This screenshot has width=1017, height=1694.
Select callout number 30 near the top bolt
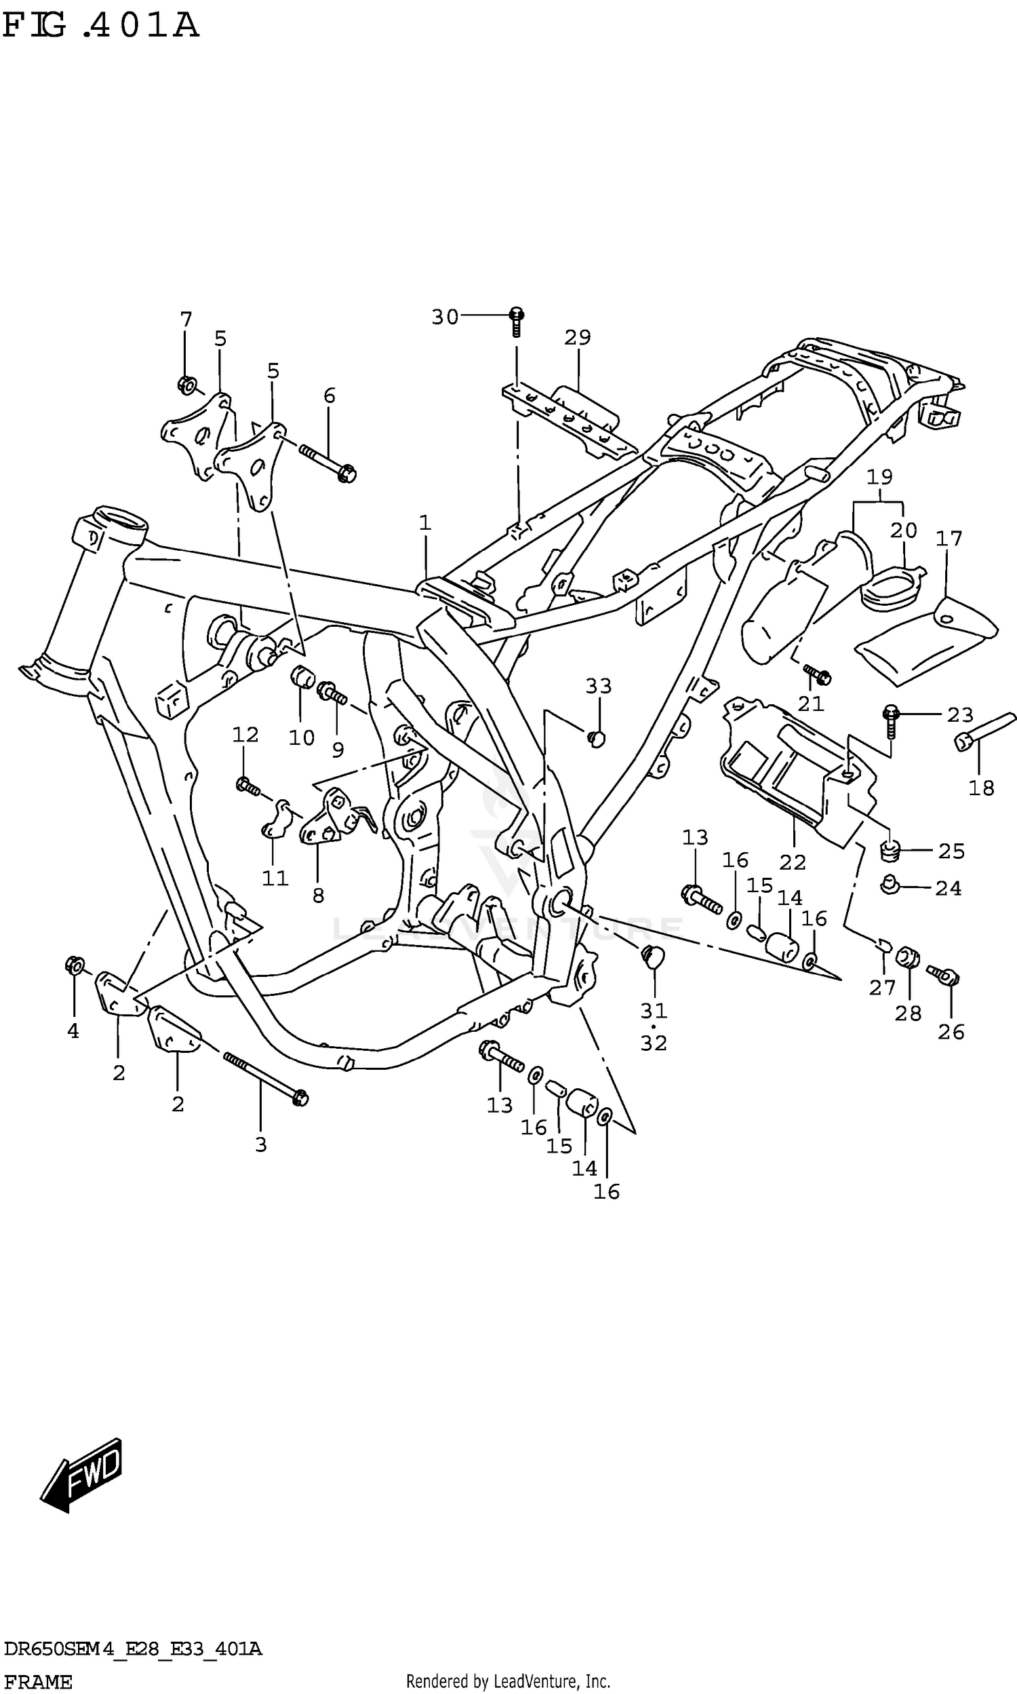(445, 317)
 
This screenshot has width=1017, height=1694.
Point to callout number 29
(578, 337)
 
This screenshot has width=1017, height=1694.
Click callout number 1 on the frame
(425, 523)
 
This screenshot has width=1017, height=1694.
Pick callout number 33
(598, 686)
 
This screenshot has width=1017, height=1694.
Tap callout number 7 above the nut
(186, 320)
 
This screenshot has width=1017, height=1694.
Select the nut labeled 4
(74, 966)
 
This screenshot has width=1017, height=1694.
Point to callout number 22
(792, 862)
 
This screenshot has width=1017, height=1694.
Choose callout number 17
(949, 539)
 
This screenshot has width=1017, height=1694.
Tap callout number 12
(245, 735)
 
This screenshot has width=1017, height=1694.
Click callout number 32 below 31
(654, 1043)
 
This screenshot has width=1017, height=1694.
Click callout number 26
(951, 1032)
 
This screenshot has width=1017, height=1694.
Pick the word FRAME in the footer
(38, 1676)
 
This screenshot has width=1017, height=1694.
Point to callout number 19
(879, 476)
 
